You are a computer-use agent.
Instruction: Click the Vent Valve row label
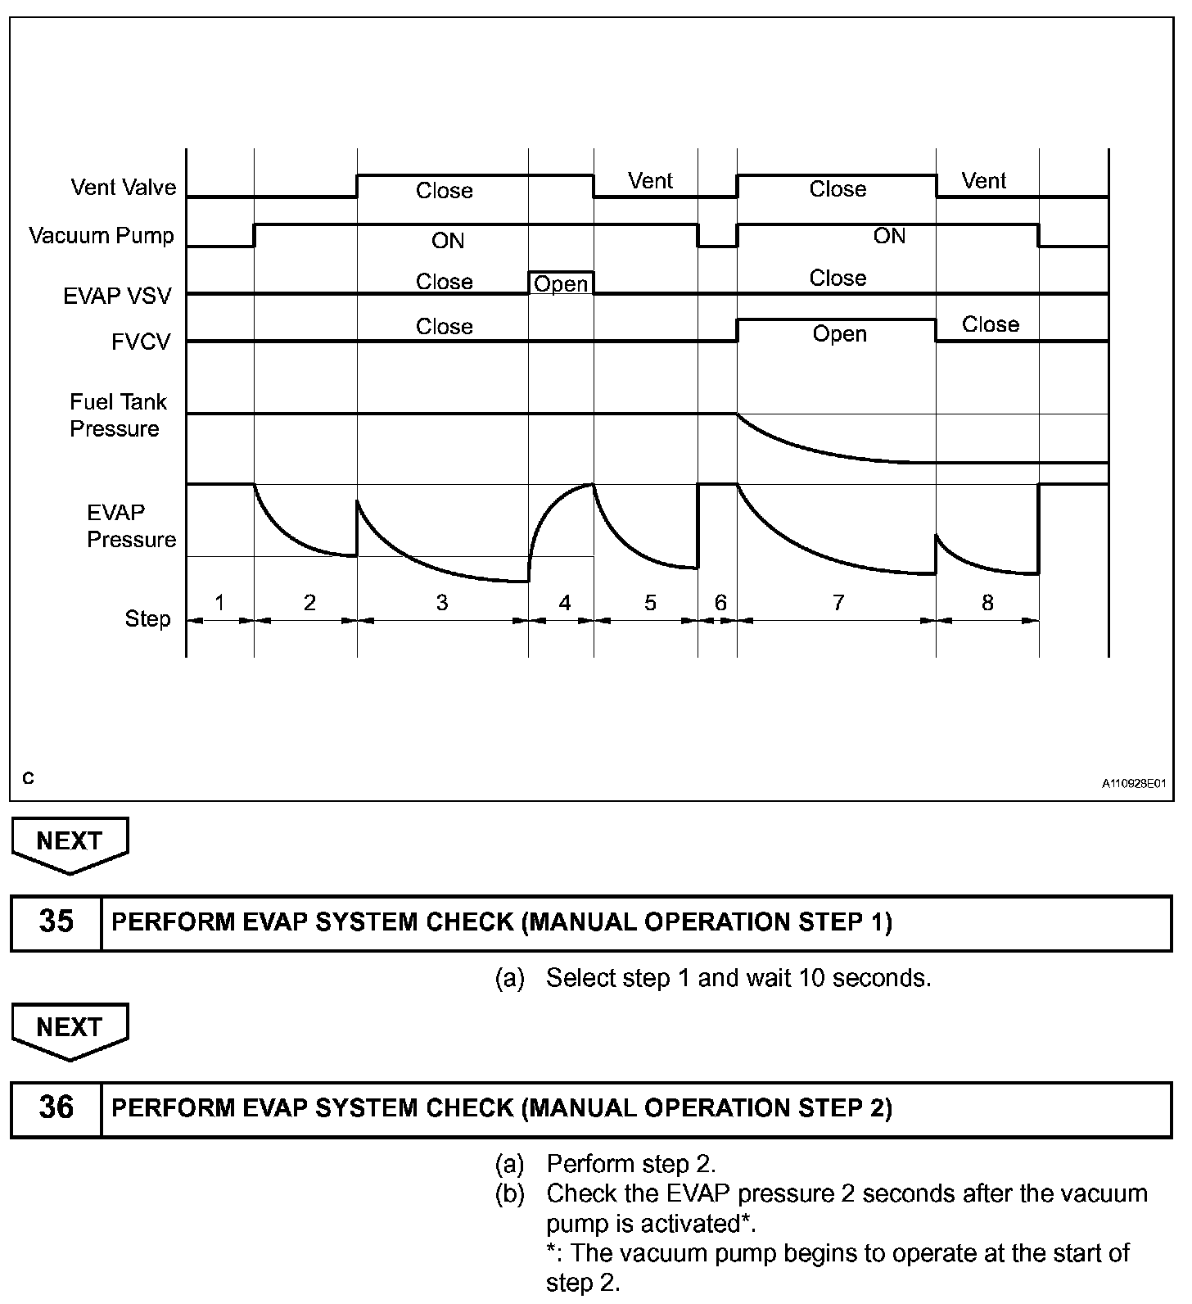(123, 188)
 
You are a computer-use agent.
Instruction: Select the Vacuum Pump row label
(102, 236)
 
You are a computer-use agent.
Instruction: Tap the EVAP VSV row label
(117, 296)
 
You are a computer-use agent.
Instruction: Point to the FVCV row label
(141, 342)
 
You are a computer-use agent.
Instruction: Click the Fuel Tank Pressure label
(117, 415)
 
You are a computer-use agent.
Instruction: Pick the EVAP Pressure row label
(131, 526)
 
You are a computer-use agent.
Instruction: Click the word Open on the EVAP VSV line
(561, 284)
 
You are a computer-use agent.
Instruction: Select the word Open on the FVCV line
(839, 334)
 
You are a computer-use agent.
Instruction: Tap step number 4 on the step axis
(564, 603)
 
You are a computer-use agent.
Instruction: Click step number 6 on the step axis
(720, 603)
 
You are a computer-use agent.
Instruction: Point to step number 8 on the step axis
(987, 603)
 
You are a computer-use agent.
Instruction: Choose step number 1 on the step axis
(219, 603)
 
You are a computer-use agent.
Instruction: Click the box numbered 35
(56, 921)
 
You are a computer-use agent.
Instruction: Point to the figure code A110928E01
(1134, 784)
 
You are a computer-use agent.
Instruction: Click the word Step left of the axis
(147, 618)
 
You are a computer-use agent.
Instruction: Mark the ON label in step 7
(889, 236)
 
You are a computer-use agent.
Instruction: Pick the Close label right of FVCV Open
(990, 324)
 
